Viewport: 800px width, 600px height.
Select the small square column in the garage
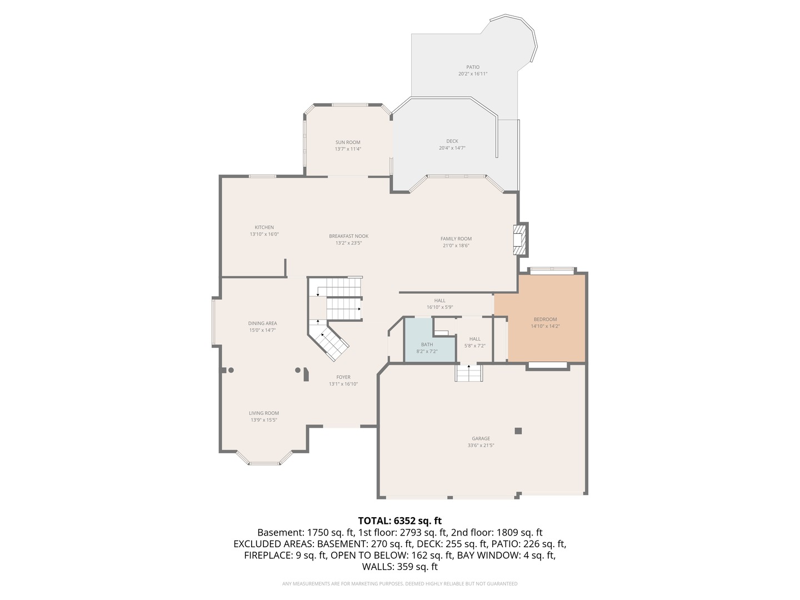(518, 431)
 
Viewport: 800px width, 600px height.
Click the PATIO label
(473, 67)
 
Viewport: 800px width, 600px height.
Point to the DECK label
(452, 141)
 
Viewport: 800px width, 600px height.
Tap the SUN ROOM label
(348, 142)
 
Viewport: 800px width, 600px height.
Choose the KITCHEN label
(264, 227)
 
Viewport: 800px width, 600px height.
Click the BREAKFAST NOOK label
(348, 236)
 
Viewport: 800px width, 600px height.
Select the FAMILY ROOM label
(456, 239)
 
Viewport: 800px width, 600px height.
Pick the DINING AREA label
(262, 323)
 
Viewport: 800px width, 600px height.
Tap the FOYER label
(343, 377)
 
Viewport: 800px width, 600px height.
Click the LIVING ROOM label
(264, 413)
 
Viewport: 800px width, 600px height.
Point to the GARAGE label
(481, 438)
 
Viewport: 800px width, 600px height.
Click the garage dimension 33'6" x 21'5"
(481, 446)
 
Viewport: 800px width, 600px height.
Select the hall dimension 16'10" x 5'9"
(440, 307)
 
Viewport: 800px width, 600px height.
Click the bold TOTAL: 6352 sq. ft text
(399, 521)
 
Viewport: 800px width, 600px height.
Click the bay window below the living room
(264, 460)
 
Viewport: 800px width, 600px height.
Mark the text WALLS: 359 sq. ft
(399, 567)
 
